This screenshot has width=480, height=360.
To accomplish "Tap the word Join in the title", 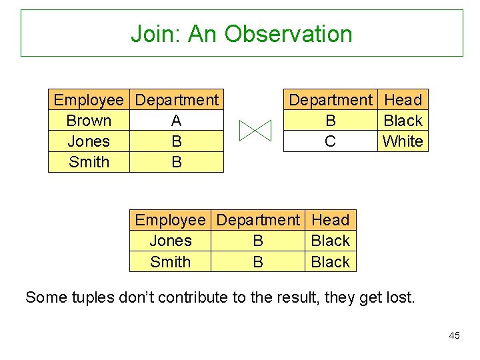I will (155, 33).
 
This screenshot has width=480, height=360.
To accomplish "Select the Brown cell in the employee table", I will (89, 121).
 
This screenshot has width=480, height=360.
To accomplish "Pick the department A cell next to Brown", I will (176, 121).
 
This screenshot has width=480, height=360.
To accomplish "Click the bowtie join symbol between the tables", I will (255, 131).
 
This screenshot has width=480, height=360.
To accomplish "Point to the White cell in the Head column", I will (403, 141).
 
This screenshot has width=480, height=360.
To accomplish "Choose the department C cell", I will (330, 141).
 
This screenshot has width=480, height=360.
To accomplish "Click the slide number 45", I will (454, 335).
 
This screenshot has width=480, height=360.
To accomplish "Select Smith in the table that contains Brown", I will (89, 162).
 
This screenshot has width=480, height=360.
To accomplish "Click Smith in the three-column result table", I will (170, 262).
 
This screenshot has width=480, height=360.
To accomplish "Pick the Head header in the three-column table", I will (331, 220).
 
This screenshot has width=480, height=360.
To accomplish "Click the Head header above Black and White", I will (403, 100).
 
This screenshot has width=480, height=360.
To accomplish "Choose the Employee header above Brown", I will (89, 100).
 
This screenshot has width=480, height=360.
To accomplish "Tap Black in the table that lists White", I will (403, 121).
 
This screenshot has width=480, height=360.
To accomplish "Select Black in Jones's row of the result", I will (331, 241).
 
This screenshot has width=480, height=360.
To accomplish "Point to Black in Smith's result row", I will (331, 262).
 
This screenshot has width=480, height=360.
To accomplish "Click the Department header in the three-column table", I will (258, 220).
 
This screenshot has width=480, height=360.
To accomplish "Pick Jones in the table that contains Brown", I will (89, 141).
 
